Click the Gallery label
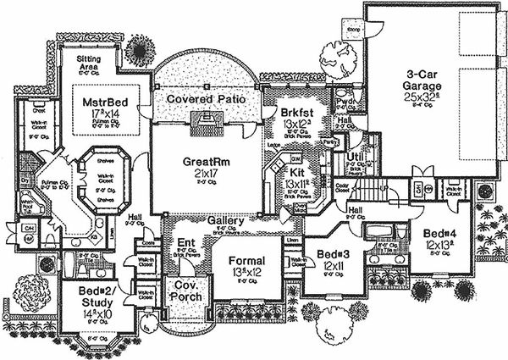pos(226,221)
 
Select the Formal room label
pos(246,260)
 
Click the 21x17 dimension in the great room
pos(202,173)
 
